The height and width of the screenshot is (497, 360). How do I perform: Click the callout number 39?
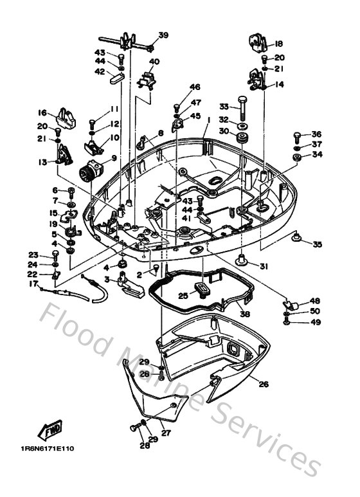163,35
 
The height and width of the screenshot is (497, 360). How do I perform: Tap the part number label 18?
278,44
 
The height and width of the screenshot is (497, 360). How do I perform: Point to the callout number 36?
316,134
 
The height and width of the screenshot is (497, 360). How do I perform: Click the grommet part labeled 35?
296,239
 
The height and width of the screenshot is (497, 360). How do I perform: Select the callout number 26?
263,384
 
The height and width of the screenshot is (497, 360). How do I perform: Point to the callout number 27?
165,433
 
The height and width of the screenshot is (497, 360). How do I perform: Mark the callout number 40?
154,62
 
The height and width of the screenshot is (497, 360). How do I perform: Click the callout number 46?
194,87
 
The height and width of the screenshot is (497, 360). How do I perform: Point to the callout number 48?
314,301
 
